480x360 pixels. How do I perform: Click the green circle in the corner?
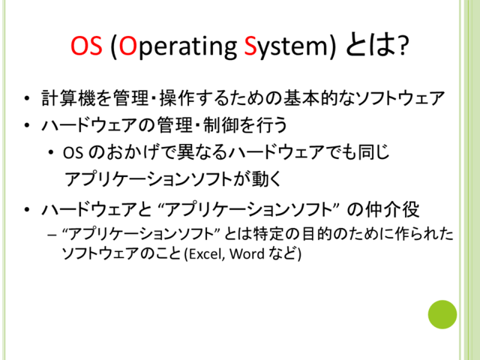(x=442, y=314)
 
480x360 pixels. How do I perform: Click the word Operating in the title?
(x=178, y=46)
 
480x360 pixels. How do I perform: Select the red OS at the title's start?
(x=86, y=46)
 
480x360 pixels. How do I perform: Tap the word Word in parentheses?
(x=247, y=253)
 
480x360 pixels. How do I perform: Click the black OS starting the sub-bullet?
(x=73, y=152)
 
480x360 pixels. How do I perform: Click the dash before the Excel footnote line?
(x=52, y=235)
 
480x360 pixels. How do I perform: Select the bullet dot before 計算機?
(x=27, y=98)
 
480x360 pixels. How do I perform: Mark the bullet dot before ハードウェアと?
(x=27, y=210)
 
